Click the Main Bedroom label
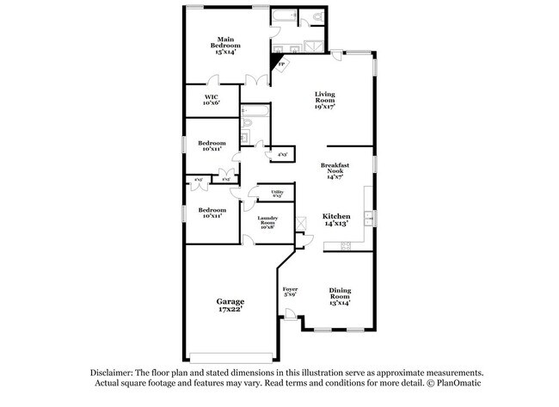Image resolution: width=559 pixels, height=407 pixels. point(227,46)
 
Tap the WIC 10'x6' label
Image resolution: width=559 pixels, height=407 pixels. point(212,100)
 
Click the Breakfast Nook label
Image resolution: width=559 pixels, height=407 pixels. point(335,168)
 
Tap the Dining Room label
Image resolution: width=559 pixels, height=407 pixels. point(340,294)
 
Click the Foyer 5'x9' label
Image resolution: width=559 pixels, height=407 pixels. point(290,293)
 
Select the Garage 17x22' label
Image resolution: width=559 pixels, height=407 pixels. point(230,305)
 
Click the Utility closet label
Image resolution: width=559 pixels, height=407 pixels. point(277,194)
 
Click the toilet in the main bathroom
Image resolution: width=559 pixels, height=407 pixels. point(316,17)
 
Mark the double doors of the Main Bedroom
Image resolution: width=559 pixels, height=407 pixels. point(255,80)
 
